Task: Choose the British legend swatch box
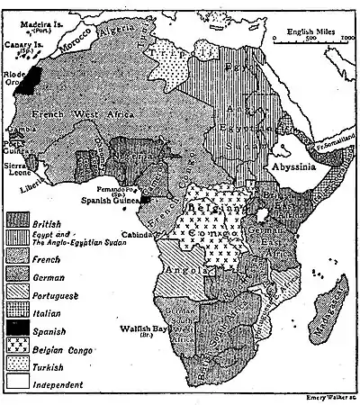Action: tap(22, 220)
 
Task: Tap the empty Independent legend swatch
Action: tap(22, 383)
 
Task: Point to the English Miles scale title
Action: tap(310, 31)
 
